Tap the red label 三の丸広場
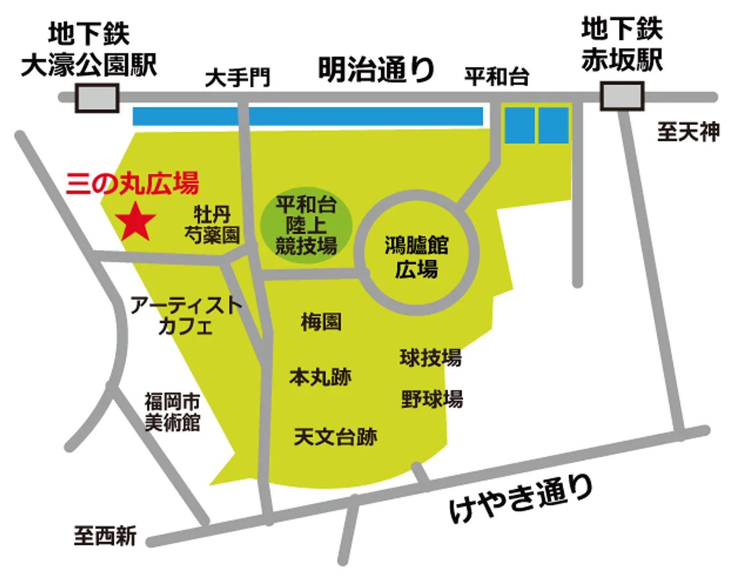[132, 183]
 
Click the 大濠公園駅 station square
[97, 98]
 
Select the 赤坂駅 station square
[621, 96]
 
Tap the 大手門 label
[238, 78]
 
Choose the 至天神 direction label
[688, 131]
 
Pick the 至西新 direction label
[105, 536]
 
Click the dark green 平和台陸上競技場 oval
[306, 225]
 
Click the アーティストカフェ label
[186, 315]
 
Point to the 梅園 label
[321, 322]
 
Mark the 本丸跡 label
[320, 377]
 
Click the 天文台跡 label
[335, 437]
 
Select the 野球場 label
[432, 399]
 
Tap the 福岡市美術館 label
[172, 412]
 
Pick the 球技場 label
[430, 358]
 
